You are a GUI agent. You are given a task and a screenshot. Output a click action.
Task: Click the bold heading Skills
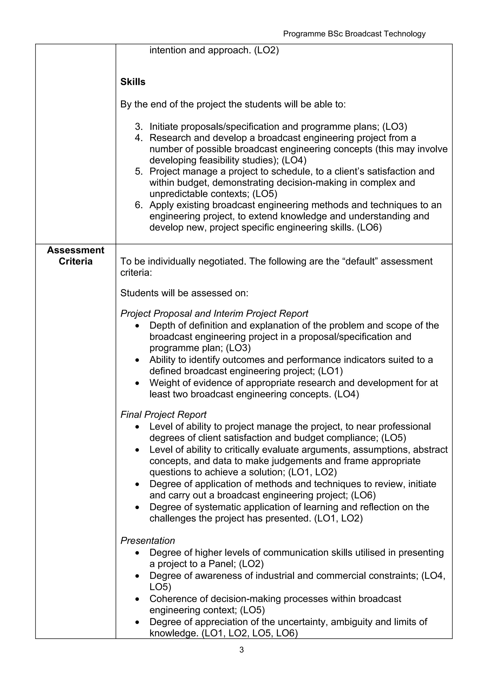tap(133, 82)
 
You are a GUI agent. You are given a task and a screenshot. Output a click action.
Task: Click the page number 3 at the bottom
tap(241, 650)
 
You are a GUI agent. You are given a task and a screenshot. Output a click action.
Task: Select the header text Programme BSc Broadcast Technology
tap(354, 34)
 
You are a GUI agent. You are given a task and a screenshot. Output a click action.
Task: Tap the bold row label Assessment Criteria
tap(76, 255)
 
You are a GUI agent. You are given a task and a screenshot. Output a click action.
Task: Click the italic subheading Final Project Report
tap(163, 414)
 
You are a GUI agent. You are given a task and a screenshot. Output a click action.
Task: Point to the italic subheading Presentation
tap(148, 540)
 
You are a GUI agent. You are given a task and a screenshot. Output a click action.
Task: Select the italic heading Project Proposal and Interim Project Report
tap(214, 313)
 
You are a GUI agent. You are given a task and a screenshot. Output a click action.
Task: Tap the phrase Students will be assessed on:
tap(184, 293)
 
